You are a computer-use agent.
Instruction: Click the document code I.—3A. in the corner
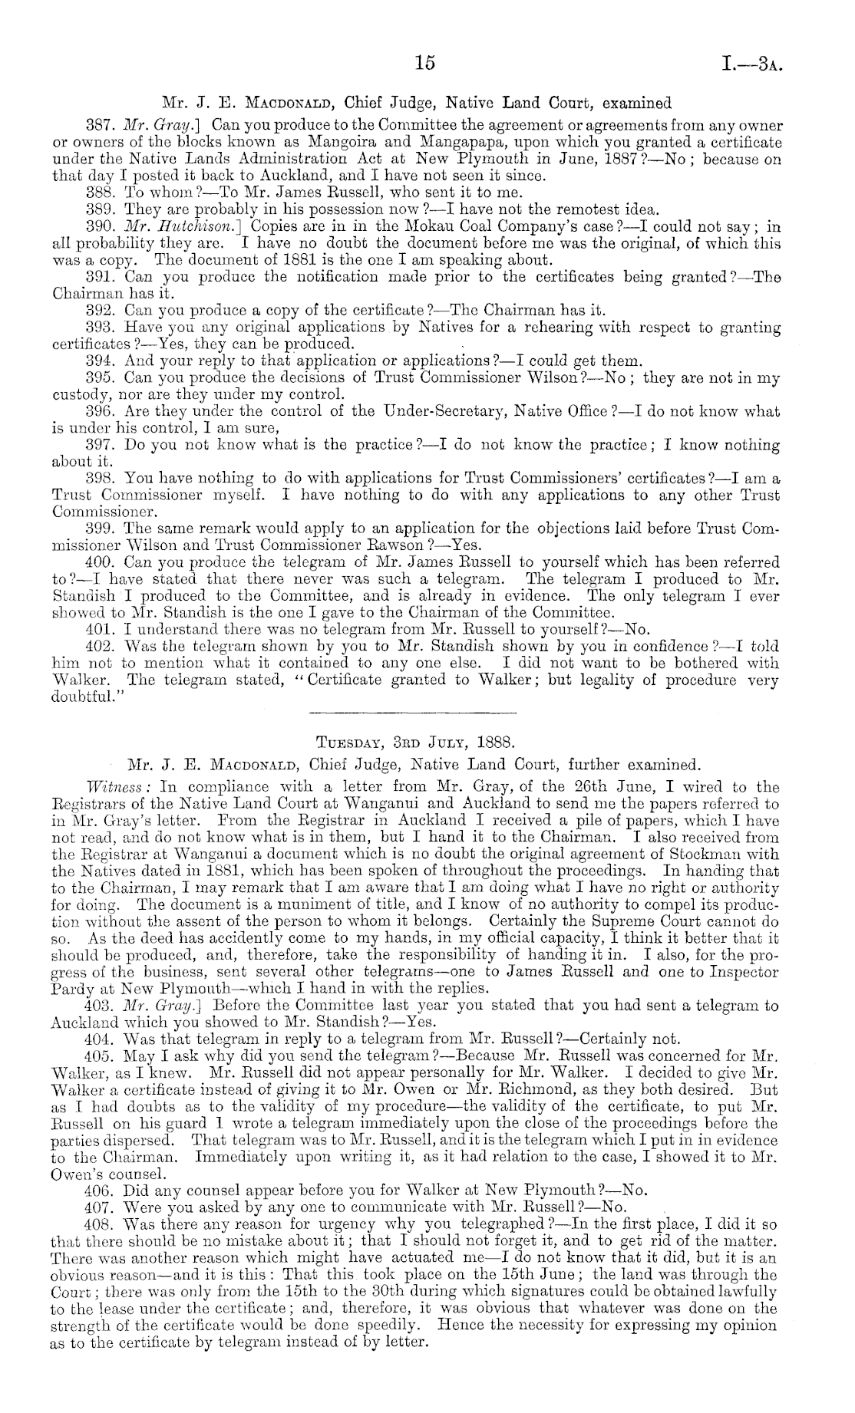pyautogui.click(x=754, y=64)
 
